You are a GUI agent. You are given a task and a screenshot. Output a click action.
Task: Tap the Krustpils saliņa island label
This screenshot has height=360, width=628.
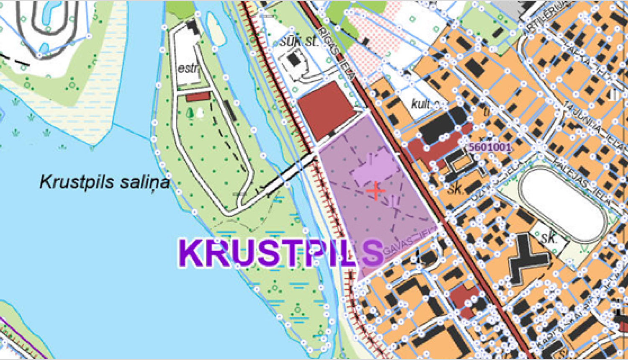tap(105, 182)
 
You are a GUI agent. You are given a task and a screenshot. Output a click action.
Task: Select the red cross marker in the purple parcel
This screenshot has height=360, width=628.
tap(376, 191)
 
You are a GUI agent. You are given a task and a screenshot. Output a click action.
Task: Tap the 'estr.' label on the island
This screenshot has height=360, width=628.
tap(188, 69)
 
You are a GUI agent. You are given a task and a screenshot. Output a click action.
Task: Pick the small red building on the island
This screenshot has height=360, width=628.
tap(197, 97)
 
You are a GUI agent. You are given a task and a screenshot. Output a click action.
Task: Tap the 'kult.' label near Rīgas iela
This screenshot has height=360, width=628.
tap(424, 104)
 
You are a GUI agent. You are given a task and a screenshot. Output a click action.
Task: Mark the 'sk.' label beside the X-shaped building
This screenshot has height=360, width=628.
tap(548, 237)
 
